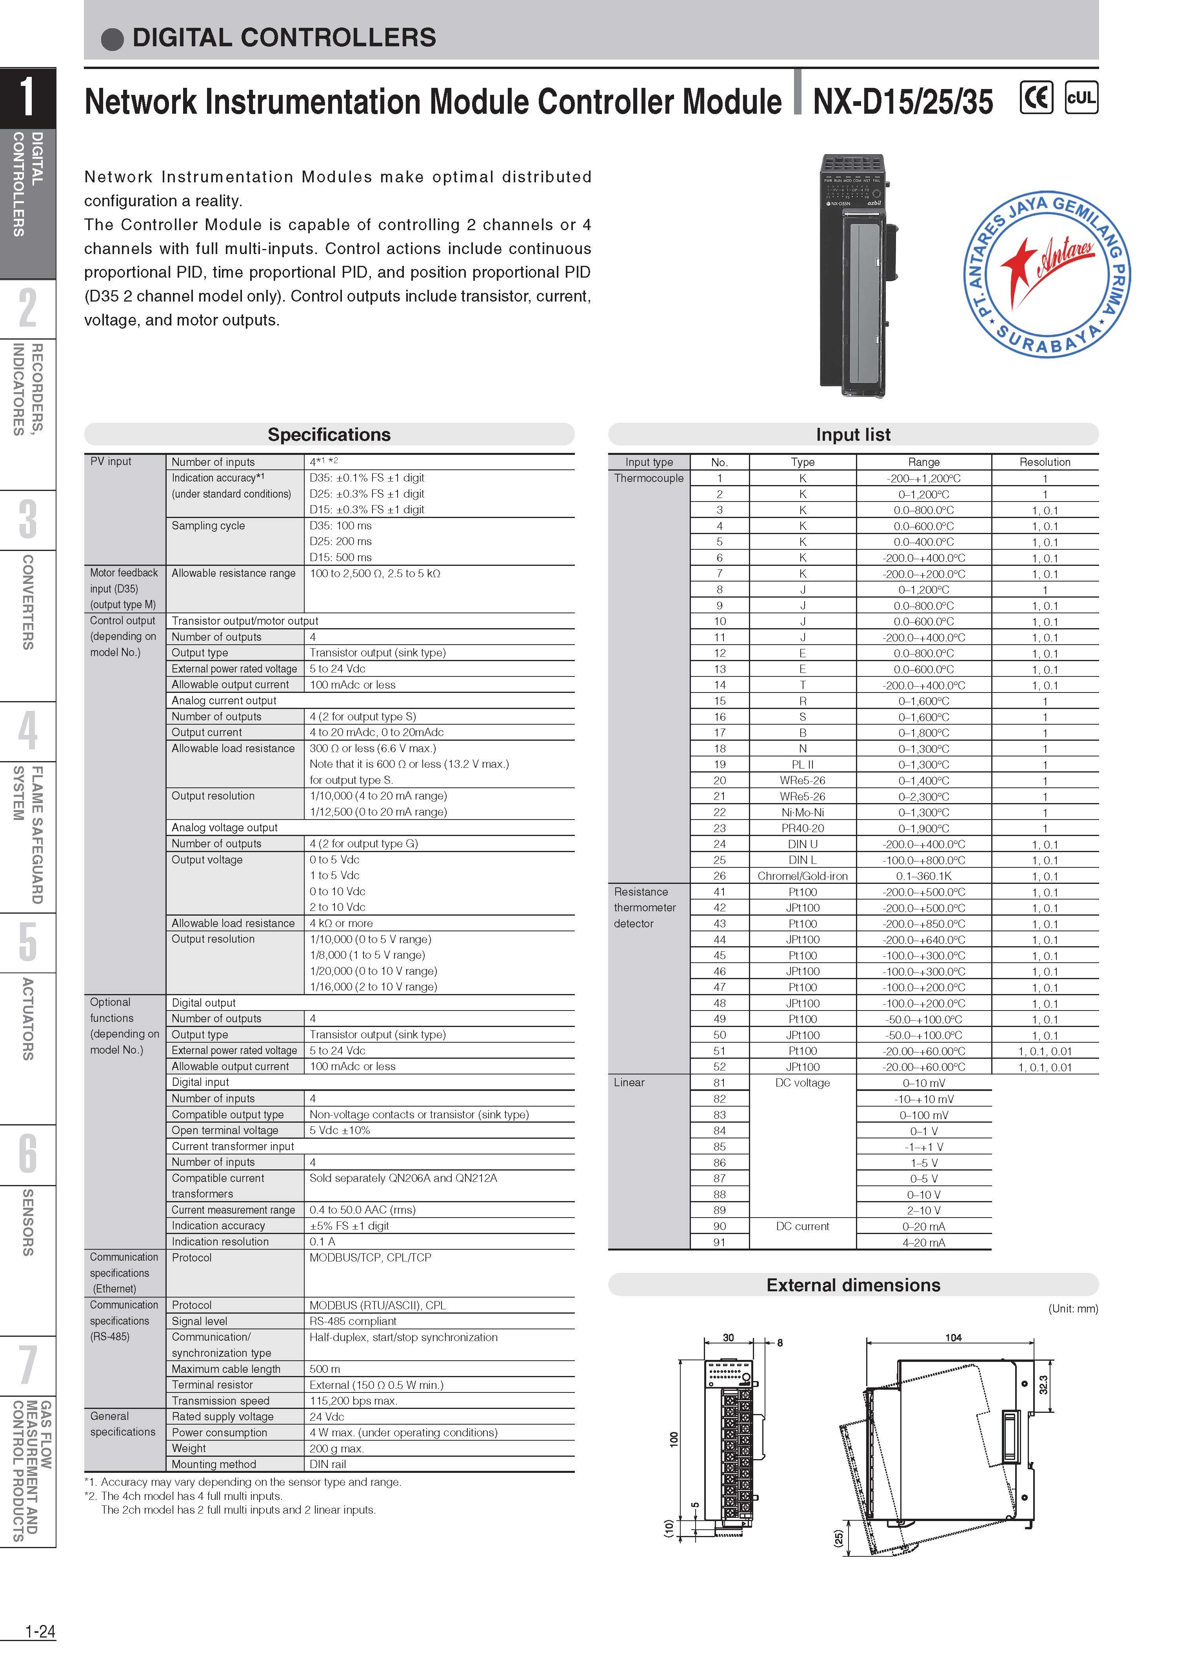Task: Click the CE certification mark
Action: click(1036, 98)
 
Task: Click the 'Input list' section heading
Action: click(853, 434)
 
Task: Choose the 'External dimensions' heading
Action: click(853, 1285)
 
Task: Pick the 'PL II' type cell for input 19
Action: click(803, 765)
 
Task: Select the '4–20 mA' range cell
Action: click(923, 1242)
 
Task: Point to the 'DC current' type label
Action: click(803, 1226)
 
